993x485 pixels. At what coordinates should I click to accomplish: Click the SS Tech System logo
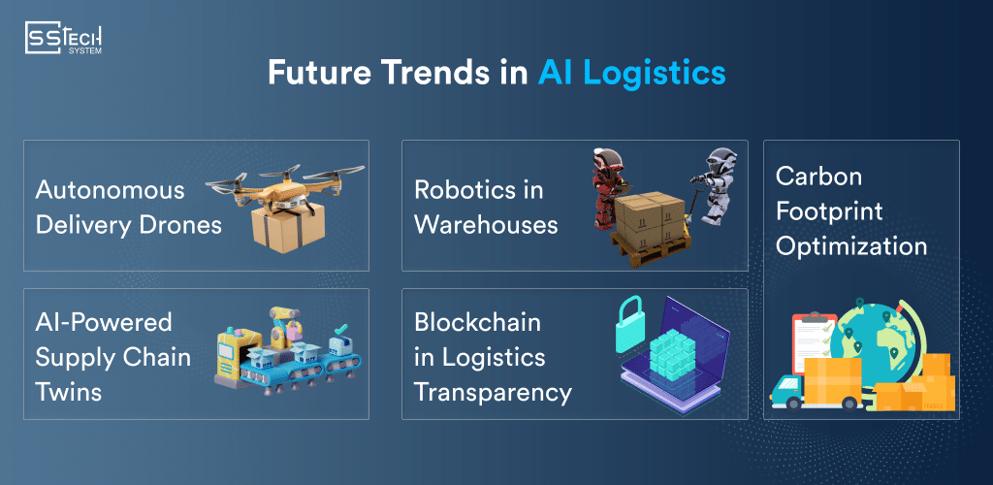(64, 39)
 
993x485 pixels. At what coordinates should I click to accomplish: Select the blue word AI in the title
(555, 74)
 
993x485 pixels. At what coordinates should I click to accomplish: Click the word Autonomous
(110, 189)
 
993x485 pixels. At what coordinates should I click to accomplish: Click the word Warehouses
(486, 225)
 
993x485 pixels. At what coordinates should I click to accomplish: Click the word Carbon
(819, 177)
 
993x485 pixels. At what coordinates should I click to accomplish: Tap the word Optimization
(851, 246)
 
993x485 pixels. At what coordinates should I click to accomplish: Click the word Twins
(69, 392)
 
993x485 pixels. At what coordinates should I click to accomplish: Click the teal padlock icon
(635, 325)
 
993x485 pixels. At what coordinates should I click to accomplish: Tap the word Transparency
(493, 392)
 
